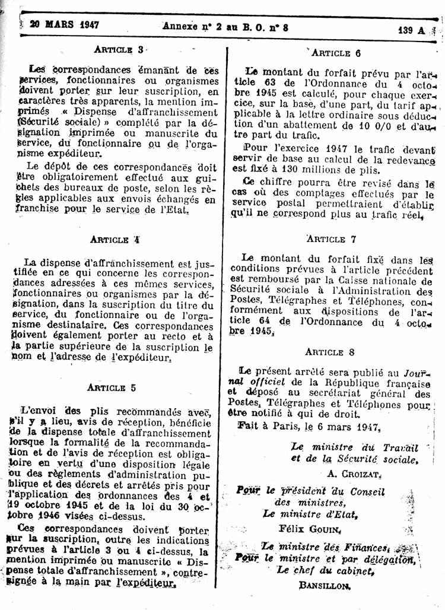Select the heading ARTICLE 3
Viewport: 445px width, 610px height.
(117, 49)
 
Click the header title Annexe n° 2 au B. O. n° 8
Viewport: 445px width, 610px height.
(225, 26)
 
